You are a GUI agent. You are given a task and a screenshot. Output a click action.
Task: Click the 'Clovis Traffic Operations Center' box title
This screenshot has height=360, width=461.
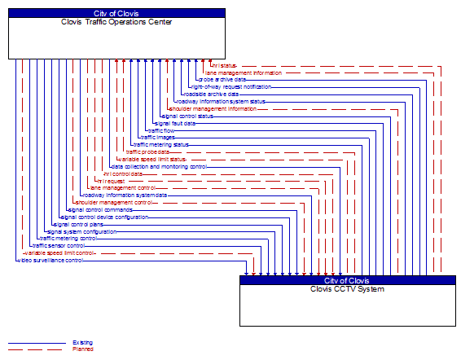pos(116,22)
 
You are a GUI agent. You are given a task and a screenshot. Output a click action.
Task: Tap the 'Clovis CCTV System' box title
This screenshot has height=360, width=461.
pos(347,289)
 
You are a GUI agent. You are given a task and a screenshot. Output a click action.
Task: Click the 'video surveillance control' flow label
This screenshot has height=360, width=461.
pos(50,261)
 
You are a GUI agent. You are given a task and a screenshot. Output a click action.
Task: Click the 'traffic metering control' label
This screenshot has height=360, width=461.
pos(68,239)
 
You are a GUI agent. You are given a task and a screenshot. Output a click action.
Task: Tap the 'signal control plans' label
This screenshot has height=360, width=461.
pos(78,224)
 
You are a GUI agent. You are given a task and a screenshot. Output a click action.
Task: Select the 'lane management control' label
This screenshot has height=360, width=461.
pos(123,187)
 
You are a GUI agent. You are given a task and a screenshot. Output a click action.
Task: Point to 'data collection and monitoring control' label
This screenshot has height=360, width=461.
pos(159,166)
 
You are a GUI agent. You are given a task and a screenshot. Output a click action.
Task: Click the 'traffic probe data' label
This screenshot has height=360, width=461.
pos(147,151)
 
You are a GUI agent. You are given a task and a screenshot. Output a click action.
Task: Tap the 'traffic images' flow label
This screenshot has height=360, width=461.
pos(158,137)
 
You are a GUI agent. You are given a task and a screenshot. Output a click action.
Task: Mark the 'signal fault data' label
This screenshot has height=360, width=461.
pos(175,123)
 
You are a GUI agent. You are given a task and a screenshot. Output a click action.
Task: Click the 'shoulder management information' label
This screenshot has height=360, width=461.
pos(213,108)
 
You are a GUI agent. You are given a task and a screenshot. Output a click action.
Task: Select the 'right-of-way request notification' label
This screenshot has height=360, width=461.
pos(231,86)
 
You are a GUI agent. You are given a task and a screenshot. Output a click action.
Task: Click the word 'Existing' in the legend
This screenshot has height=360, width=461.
pos(82,343)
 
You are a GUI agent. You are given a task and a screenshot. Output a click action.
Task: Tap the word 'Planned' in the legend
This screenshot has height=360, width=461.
pos(82,349)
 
